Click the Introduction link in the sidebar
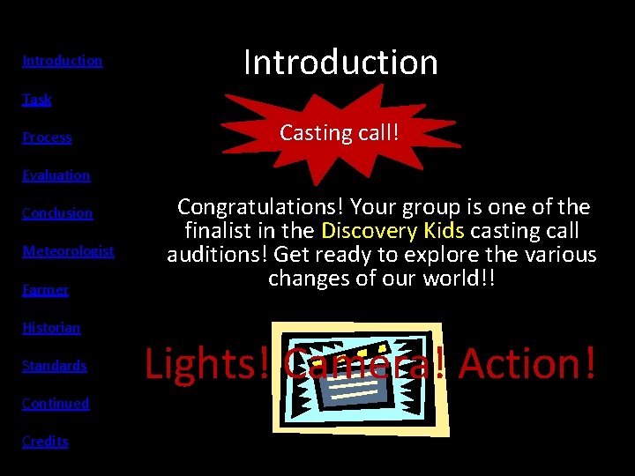[62, 61]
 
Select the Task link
[36, 99]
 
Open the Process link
[47, 138]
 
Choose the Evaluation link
[56, 175]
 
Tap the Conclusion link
[56, 213]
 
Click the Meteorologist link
[68, 251]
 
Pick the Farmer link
[45, 289]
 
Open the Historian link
[51, 328]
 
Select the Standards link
[54, 366]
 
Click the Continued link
[56, 404]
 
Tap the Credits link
[45, 442]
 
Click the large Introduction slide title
[340, 62]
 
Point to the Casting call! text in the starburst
[340, 133]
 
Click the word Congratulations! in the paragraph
[261, 207]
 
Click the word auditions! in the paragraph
[218, 255]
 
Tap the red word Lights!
[207, 363]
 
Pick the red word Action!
[527, 363]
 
